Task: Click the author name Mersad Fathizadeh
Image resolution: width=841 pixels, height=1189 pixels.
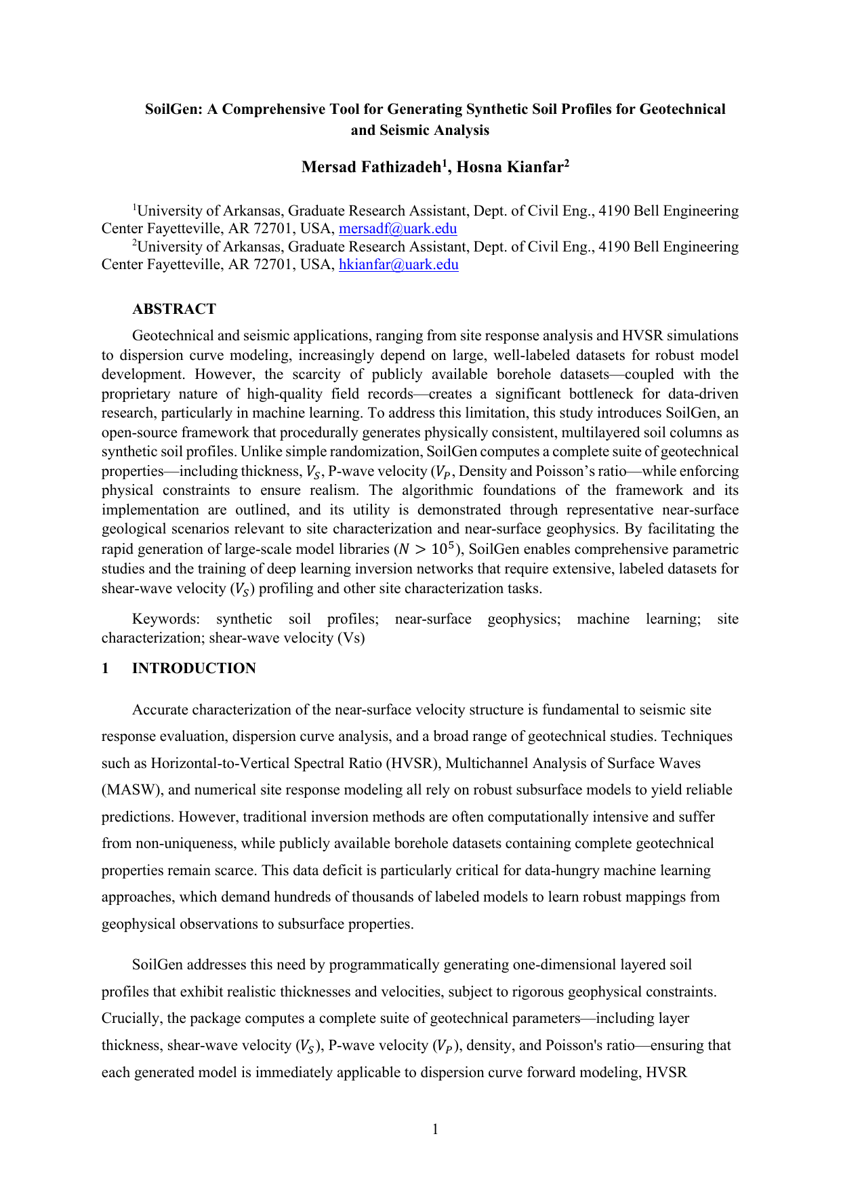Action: click(371, 167)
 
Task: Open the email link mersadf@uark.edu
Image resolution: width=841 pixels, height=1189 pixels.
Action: click(398, 228)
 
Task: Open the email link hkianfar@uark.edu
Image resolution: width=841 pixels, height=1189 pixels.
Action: click(398, 264)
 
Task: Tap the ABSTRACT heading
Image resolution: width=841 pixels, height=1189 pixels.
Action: click(174, 309)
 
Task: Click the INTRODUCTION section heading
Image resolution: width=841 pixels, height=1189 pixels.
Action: click(194, 668)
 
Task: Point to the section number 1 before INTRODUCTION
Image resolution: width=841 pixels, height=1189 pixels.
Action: click(105, 668)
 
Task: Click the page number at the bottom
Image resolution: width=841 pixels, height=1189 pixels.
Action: click(435, 1129)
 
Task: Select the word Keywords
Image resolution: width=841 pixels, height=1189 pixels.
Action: click(165, 619)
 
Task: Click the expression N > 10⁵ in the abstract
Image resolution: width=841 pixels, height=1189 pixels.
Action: click(425, 549)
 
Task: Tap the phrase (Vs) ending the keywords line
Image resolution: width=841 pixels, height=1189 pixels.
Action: click(350, 638)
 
